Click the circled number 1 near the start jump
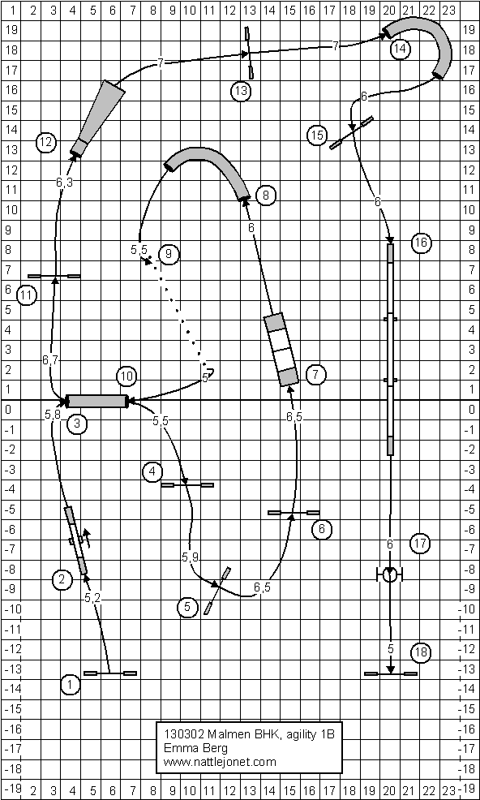pyautogui.click(x=71, y=685)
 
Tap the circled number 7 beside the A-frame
pyautogui.click(x=315, y=375)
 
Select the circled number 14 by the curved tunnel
pyautogui.click(x=400, y=49)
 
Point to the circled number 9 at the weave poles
pyautogui.click(x=169, y=254)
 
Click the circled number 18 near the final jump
pyautogui.click(x=421, y=652)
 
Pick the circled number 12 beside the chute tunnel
pyautogui.click(x=46, y=142)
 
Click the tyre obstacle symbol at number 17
pyautogui.click(x=391, y=575)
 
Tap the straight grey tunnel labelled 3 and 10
pyautogui.click(x=96, y=401)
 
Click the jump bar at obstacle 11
pyautogui.click(x=54, y=276)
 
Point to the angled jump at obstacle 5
pyautogui.click(x=218, y=591)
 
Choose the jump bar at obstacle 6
pyautogui.click(x=294, y=512)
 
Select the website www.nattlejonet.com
pyautogui.click(x=220, y=762)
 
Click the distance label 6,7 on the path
pyautogui.click(x=51, y=360)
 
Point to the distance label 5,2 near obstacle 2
pyautogui.click(x=92, y=598)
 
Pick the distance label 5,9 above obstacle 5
pyautogui.click(x=190, y=558)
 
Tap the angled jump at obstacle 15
pyautogui.click(x=351, y=132)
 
